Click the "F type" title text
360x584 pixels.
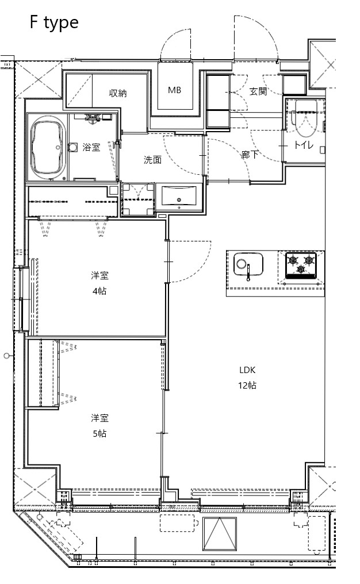(54, 23)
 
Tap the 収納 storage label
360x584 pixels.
(118, 93)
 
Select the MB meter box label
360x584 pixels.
(175, 90)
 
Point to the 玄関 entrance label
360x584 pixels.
(258, 91)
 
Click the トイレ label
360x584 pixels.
(304, 145)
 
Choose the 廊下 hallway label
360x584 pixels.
(250, 154)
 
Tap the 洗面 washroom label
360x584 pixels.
(152, 160)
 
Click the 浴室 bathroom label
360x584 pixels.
(91, 147)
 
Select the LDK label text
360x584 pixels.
(247, 370)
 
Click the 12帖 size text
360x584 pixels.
(247, 385)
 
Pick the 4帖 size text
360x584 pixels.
(99, 291)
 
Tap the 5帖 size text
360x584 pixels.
(99, 433)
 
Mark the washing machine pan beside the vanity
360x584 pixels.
(138, 199)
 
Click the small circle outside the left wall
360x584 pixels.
(6, 356)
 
